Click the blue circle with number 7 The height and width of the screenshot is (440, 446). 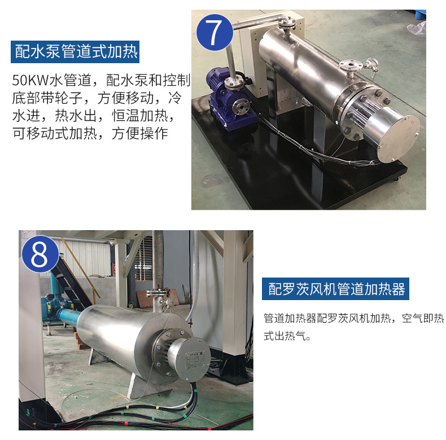[215, 32]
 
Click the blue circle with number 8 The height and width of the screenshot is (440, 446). [41, 254]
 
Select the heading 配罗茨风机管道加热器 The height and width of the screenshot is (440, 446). [336, 289]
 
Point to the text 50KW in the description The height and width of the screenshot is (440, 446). [30, 80]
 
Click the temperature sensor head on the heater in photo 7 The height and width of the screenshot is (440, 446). [371, 64]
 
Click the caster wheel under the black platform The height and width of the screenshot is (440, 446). [396, 179]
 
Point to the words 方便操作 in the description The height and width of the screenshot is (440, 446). [140, 134]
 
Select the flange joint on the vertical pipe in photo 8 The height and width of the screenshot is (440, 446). [158, 292]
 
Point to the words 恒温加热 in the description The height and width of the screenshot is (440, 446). [140, 116]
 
